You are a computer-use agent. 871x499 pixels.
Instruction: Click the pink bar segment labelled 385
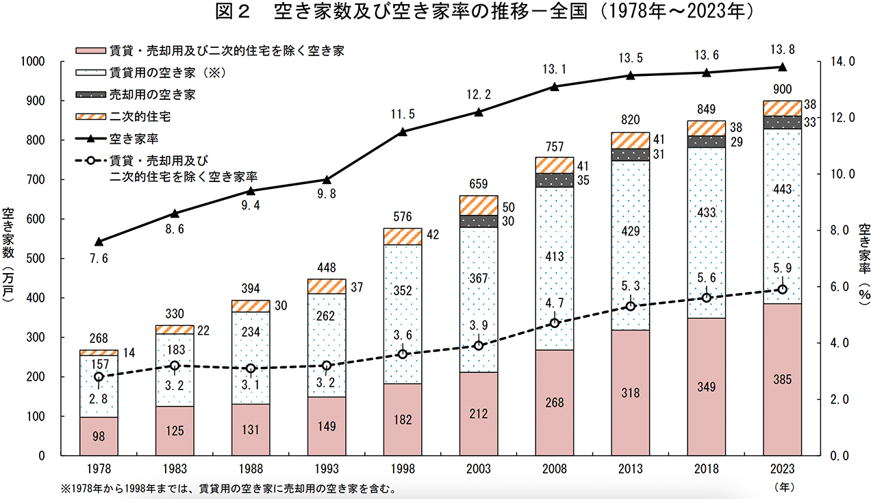coord(782,380)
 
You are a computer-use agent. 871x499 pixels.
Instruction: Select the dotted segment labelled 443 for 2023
coord(782,216)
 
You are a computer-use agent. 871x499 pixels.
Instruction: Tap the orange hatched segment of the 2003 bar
coord(479,205)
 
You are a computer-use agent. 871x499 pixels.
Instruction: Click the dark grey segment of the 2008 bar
coord(555,180)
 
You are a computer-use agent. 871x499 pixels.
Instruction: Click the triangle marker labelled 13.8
coord(782,67)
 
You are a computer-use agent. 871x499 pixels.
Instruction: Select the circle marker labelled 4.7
coord(555,323)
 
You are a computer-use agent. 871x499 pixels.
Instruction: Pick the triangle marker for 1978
coord(99,242)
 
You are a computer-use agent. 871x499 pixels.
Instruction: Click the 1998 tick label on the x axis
coord(403,470)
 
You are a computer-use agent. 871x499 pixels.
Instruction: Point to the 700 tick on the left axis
coord(34,180)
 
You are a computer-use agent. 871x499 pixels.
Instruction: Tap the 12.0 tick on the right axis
coord(842,118)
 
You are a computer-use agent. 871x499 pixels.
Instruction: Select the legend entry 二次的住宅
coord(140,117)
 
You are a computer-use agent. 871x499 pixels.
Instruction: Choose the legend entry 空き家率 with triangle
coord(134,139)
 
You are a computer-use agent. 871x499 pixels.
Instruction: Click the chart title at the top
coord(435,12)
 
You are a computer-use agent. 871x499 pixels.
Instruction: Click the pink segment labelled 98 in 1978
coord(99,436)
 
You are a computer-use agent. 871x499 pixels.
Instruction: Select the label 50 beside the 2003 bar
coord(509,207)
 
